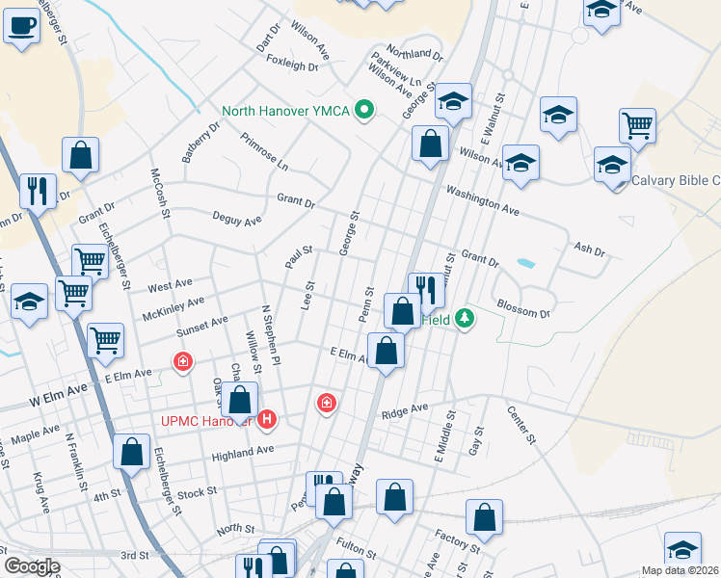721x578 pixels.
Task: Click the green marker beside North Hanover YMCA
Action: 363,111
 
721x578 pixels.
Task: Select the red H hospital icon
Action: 268,421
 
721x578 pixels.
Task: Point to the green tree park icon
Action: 465,317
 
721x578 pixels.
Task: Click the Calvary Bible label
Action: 676,180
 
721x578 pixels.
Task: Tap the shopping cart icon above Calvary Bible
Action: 637,124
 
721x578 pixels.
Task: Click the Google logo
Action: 31,566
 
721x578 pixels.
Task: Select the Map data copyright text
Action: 681,570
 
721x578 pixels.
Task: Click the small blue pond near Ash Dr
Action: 525,262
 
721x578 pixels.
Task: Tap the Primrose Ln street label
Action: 264,151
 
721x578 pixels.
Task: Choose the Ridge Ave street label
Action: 404,410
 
